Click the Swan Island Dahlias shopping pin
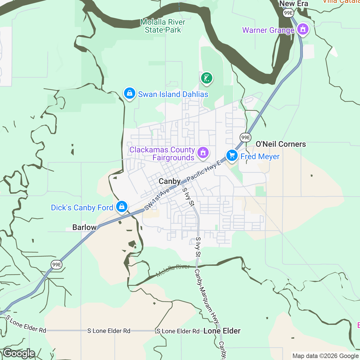coord(129,93)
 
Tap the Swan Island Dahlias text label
coord(173,94)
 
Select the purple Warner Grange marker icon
coord(303,29)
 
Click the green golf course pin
coord(207,78)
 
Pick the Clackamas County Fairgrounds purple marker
coord(203,153)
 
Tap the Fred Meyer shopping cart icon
coord(232,156)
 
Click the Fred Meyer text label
coord(260,157)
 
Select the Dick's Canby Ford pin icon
coord(122,207)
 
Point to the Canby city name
coord(170,181)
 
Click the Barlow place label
coord(84,227)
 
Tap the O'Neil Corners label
coord(281,144)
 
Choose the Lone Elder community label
coord(222,331)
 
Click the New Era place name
coord(294,4)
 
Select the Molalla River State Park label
coord(163,26)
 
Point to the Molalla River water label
coord(173,271)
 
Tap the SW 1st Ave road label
coord(157,199)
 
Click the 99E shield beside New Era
coord(288,13)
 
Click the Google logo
coord(19,353)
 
